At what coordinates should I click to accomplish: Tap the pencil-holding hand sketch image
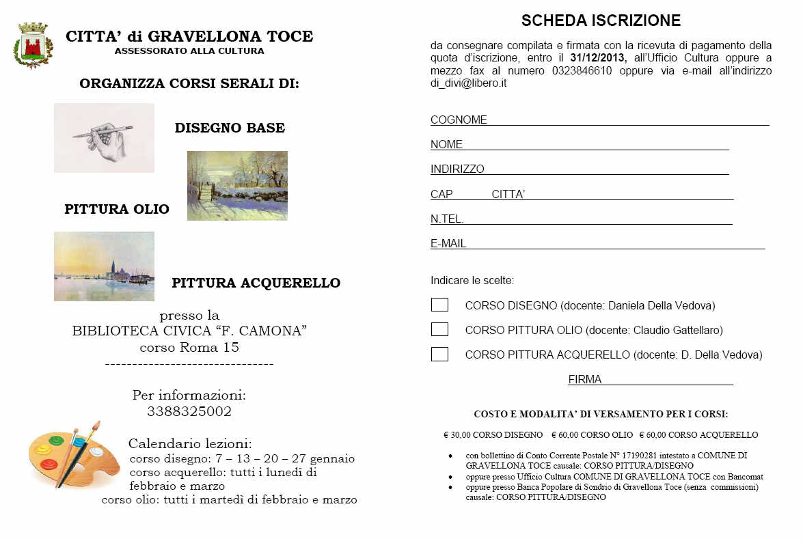point(104,137)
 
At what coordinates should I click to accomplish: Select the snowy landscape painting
point(237,186)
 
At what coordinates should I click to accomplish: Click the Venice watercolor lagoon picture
point(104,266)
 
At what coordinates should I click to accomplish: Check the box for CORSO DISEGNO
point(439,305)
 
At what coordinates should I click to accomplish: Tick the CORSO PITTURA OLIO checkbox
point(439,330)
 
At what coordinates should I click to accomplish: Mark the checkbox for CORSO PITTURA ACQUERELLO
point(439,355)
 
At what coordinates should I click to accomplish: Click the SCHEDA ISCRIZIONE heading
point(601,21)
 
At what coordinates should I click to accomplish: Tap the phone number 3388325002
point(189,412)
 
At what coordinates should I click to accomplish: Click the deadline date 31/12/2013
point(596,58)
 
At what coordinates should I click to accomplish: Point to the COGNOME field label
point(459,120)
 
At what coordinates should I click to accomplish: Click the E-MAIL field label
point(448,244)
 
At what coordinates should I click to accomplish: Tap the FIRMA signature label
point(585,380)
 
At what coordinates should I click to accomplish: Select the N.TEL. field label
point(447,219)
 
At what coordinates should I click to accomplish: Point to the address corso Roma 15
point(189,348)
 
